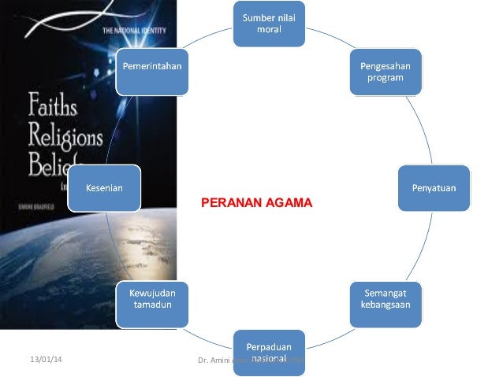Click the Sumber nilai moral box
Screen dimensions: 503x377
[x=269, y=24]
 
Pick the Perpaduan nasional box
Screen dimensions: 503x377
[x=269, y=351]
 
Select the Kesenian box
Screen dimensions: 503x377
[x=104, y=187]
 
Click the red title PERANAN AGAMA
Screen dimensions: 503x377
[x=257, y=203]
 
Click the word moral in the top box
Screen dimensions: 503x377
[x=269, y=30]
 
